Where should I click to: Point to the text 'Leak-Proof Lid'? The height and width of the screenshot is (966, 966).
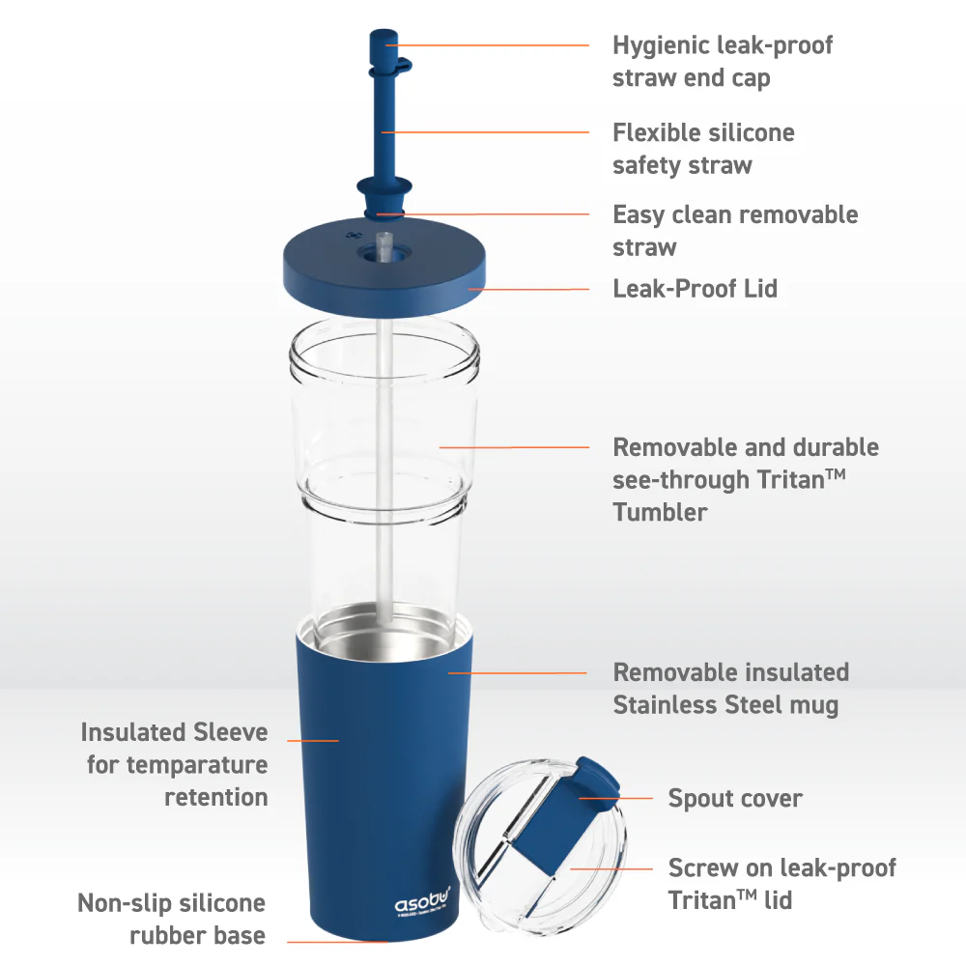(x=695, y=288)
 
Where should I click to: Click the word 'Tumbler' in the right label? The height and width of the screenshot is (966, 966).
(x=660, y=512)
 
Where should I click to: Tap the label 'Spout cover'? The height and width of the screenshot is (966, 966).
(x=734, y=799)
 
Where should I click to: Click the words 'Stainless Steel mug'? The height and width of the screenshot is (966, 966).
(x=725, y=705)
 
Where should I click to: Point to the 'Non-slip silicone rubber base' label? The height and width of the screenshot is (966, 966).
(x=171, y=919)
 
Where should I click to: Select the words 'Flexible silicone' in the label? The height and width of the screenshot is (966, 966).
(x=703, y=133)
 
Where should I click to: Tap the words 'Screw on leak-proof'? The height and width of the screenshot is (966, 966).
(x=781, y=867)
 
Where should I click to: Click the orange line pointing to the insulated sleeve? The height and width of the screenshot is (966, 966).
(x=313, y=740)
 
